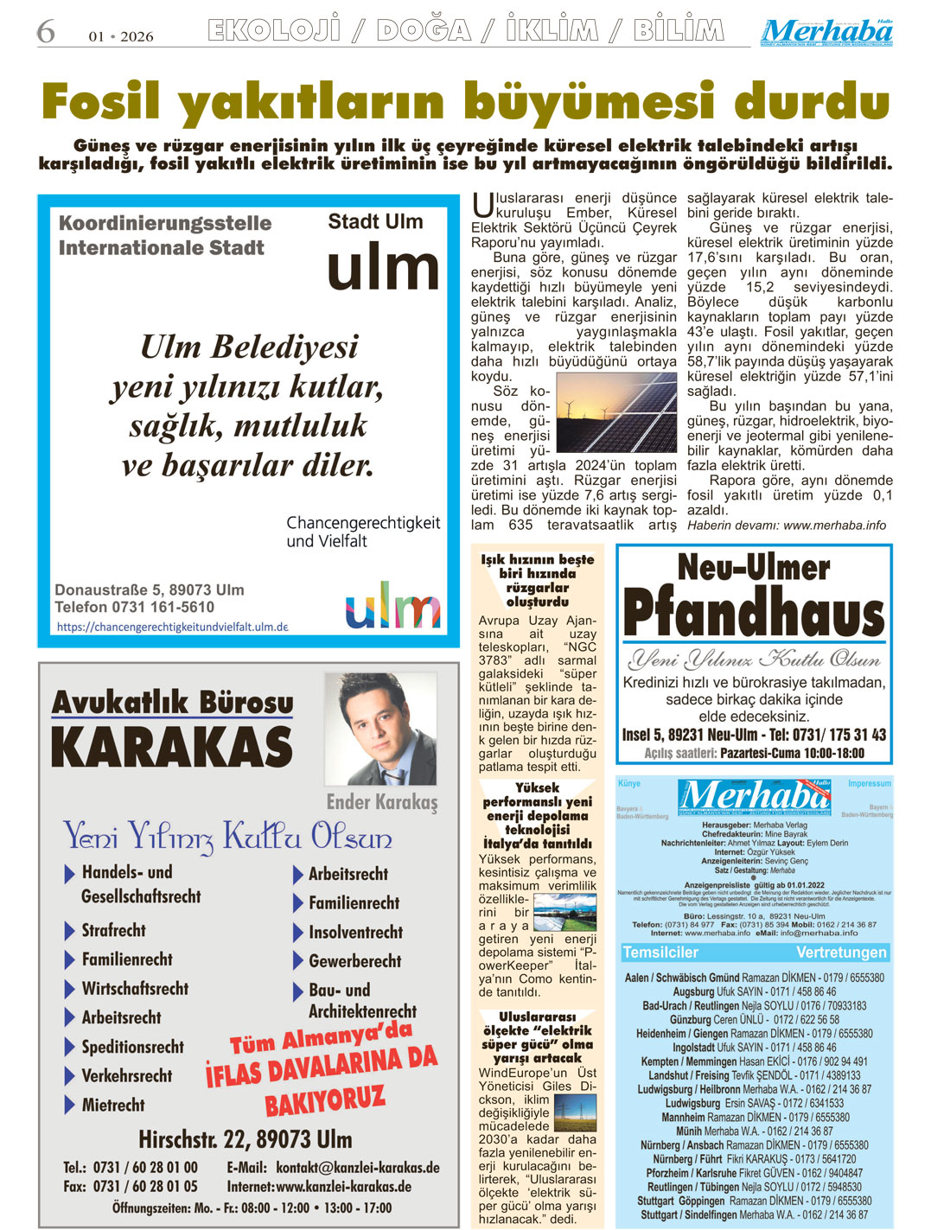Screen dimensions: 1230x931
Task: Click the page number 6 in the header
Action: (45, 32)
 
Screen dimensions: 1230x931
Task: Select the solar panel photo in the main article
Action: (615, 412)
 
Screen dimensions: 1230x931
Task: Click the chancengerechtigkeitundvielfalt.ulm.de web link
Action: (172, 627)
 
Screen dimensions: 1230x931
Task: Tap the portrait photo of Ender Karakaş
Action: (379, 729)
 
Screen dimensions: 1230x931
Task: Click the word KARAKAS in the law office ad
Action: (172, 747)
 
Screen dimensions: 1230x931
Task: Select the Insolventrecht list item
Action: (355, 932)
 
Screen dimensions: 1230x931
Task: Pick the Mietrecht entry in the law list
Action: (112, 1105)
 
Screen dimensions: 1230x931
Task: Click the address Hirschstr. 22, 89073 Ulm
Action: (245, 1138)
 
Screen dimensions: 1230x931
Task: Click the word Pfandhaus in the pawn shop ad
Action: (753, 612)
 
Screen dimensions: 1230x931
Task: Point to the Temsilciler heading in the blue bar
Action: (660, 953)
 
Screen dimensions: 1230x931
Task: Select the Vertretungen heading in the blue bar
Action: (841, 953)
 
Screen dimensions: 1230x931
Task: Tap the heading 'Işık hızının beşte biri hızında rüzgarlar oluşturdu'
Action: (537, 580)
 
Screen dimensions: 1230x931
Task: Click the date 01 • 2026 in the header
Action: (121, 36)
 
